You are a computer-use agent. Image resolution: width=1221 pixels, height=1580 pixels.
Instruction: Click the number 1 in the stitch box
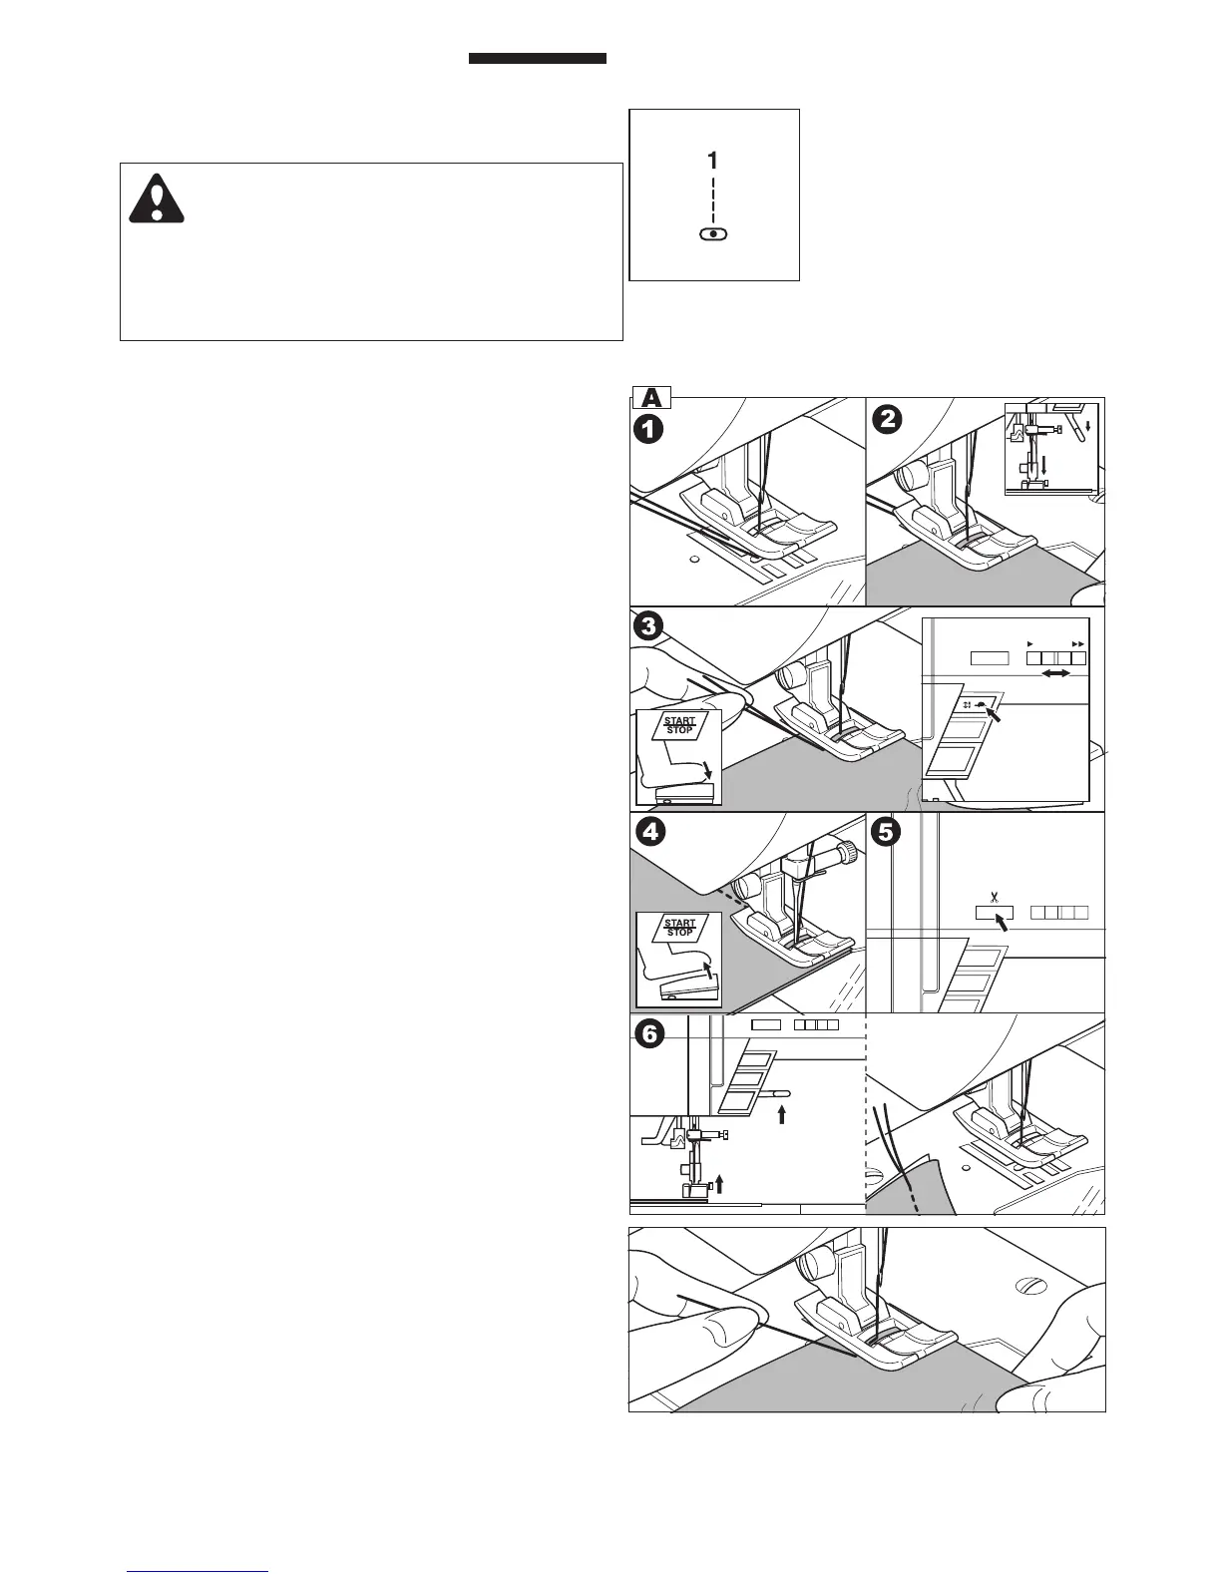pyautogui.click(x=712, y=160)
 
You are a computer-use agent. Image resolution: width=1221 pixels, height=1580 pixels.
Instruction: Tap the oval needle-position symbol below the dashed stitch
pyautogui.click(x=713, y=233)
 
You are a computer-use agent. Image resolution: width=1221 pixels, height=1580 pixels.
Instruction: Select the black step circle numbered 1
pyautogui.click(x=650, y=431)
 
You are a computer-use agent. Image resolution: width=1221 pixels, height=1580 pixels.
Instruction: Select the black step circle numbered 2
pyautogui.click(x=887, y=420)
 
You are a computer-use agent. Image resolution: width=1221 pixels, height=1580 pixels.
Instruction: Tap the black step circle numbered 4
pyautogui.click(x=650, y=832)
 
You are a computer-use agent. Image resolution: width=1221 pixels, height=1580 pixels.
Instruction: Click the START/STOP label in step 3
pyautogui.click(x=679, y=725)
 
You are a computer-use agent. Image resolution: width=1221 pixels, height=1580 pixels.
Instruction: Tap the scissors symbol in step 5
pyautogui.click(x=993, y=896)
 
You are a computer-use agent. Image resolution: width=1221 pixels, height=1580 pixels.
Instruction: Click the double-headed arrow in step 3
pyautogui.click(x=1055, y=675)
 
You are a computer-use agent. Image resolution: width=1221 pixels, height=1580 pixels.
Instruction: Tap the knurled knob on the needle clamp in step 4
pyautogui.click(x=848, y=854)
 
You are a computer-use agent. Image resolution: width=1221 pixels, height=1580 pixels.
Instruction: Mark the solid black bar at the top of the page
pyautogui.click(x=538, y=59)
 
